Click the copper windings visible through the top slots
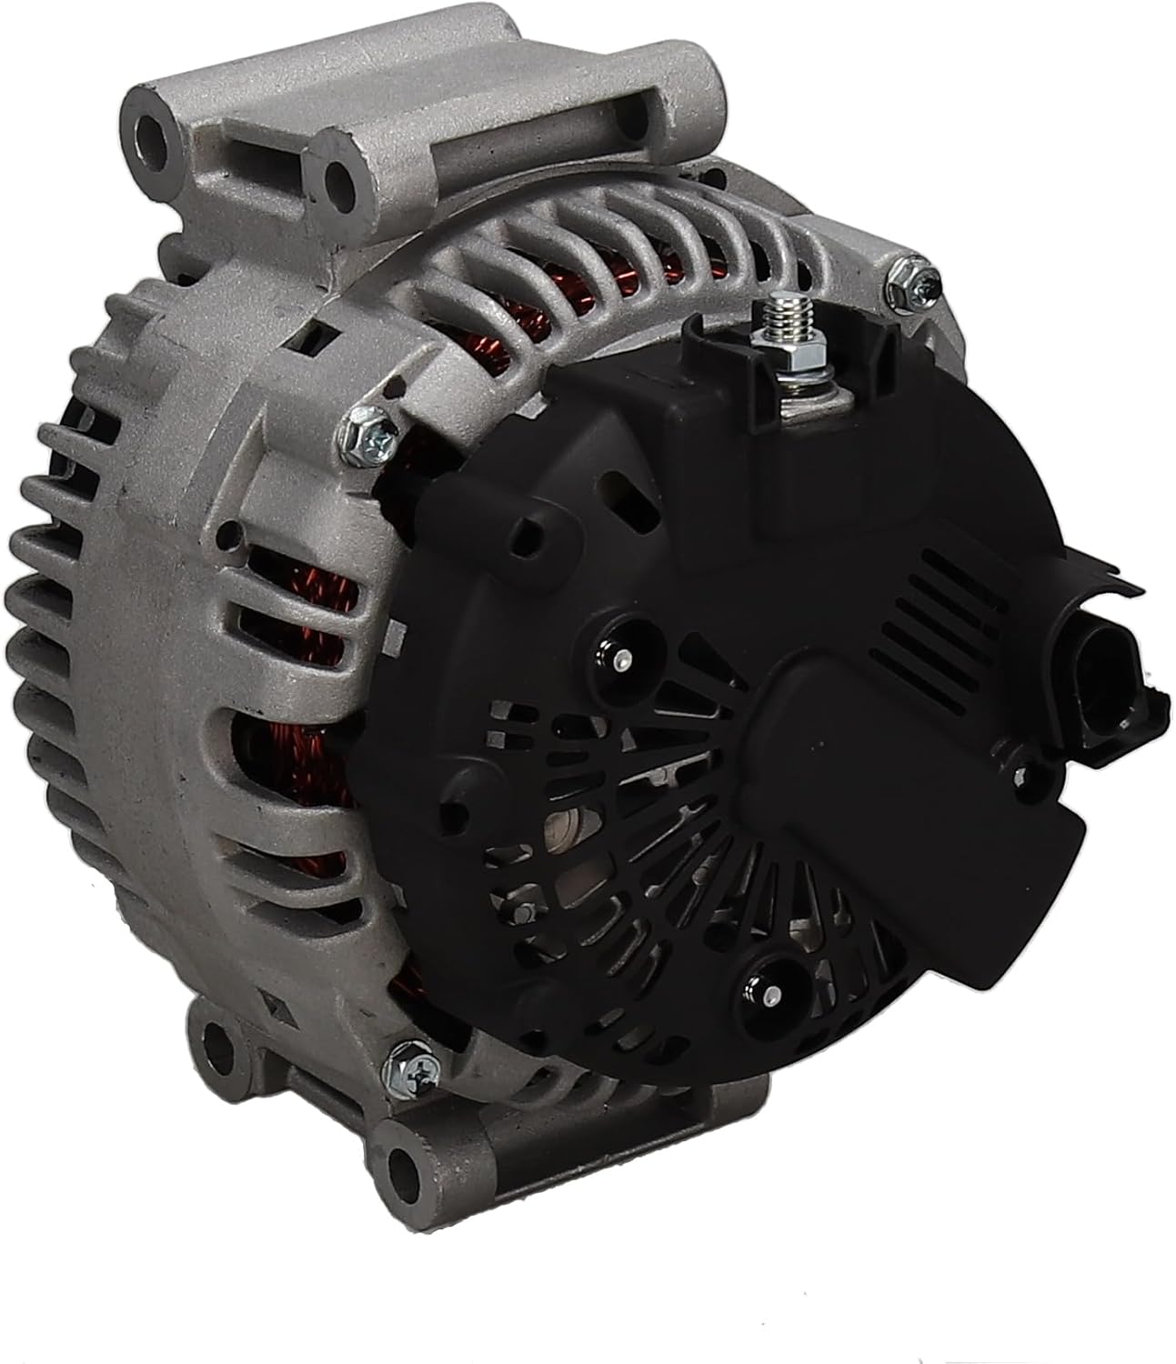(x=582, y=264)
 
